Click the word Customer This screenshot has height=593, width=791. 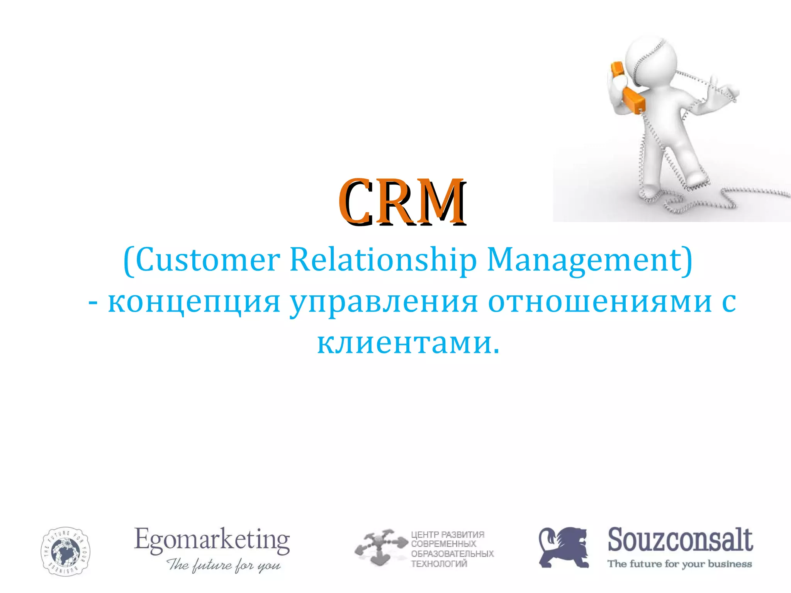pyautogui.click(x=208, y=260)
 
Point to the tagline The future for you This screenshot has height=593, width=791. pyautogui.click(x=223, y=565)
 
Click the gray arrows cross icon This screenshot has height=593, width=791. pyautogui.click(x=380, y=547)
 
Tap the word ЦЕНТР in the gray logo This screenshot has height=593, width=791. pyautogui.click(x=424, y=535)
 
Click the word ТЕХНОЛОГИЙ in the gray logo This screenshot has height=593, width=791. pyautogui.click(x=439, y=564)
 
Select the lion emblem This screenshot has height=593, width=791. pyautogui.click(x=564, y=547)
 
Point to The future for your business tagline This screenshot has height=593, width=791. pyautogui.click(x=680, y=564)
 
